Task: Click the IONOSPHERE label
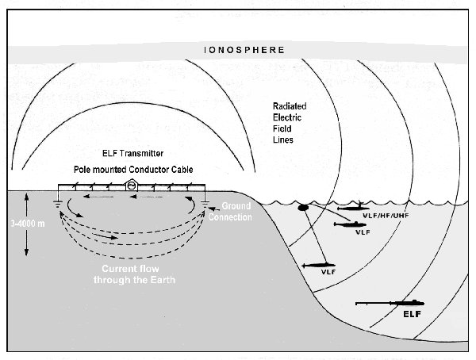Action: pos(244,50)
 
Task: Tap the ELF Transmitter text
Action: pos(133,153)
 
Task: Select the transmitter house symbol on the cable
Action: pos(131,185)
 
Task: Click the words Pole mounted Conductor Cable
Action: pos(133,170)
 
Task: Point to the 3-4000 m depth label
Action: pos(28,224)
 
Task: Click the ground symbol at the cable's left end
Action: pos(58,205)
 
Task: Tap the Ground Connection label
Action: pos(230,212)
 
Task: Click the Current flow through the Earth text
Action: pos(134,274)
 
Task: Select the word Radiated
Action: pos(290,106)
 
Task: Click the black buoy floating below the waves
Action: pos(303,207)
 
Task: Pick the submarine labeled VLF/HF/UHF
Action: pos(353,208)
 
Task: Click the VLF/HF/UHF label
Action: pos(386,216)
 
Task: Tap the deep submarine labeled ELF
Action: pos(407,303)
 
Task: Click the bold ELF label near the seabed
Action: pos(412,314)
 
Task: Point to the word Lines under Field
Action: pos(283,140)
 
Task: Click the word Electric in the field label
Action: pos(287,117)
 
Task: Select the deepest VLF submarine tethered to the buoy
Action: pos(318,266)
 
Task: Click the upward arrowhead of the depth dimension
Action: pos(26,197)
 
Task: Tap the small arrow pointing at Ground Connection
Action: pos(214,209)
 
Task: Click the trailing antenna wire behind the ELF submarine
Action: pos(373,303)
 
